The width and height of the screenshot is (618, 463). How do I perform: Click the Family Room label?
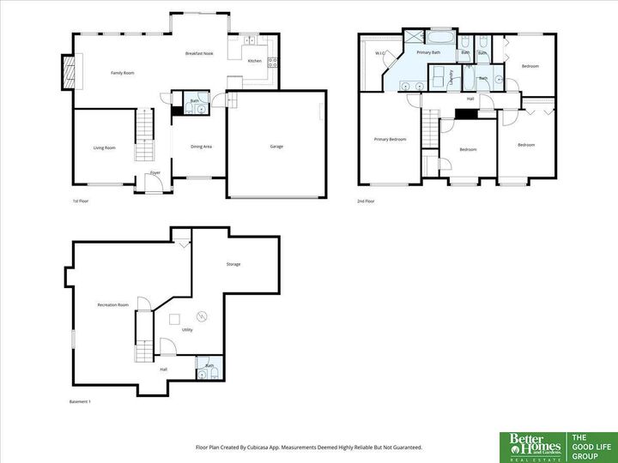pos(123,73)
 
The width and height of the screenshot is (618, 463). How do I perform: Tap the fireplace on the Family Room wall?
pos(69,72)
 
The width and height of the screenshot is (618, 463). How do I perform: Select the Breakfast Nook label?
pos(199,53)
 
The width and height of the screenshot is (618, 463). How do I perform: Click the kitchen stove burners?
pos(273,62)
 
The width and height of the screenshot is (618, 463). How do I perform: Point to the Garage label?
pos(276,147)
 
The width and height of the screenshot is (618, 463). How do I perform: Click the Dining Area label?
pos(201,147)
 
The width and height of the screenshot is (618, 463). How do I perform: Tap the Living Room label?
pos(104,147)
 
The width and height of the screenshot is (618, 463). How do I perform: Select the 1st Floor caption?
pos(81,201)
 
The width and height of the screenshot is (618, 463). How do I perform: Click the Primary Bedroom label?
pos(390,139)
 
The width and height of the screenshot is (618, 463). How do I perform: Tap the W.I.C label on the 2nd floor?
pos(379,53)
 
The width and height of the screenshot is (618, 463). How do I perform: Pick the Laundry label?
pos(452,78)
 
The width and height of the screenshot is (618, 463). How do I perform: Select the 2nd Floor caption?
pos(367,201)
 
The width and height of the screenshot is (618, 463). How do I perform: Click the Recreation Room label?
pos(113,304)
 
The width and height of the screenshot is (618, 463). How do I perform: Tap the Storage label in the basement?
pos(233,264)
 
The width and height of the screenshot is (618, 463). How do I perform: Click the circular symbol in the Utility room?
pos(203,314)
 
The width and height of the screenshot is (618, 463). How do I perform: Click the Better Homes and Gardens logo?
pos(532,446)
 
